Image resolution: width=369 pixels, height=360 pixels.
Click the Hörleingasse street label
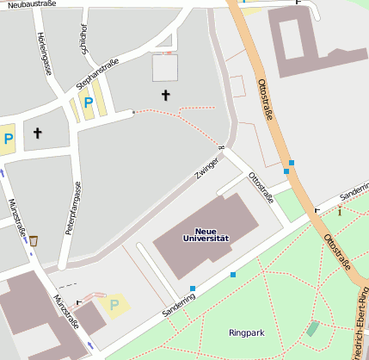[x=44, y=53]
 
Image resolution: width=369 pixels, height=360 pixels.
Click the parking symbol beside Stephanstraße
[x=88, y=102]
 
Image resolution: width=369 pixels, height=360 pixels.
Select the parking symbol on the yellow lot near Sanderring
[x=113, y=304]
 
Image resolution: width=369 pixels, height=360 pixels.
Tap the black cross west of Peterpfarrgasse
[x=37, y=133]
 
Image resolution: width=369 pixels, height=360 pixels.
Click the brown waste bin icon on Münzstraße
[x=34, y=240]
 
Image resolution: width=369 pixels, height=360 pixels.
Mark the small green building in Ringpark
[x=312, y=328]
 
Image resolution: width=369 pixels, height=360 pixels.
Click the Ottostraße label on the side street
[x=261, y=187]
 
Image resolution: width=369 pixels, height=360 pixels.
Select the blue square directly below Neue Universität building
[x=193, y=289]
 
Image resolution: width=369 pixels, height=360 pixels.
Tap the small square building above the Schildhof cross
[x=164, y=67]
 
